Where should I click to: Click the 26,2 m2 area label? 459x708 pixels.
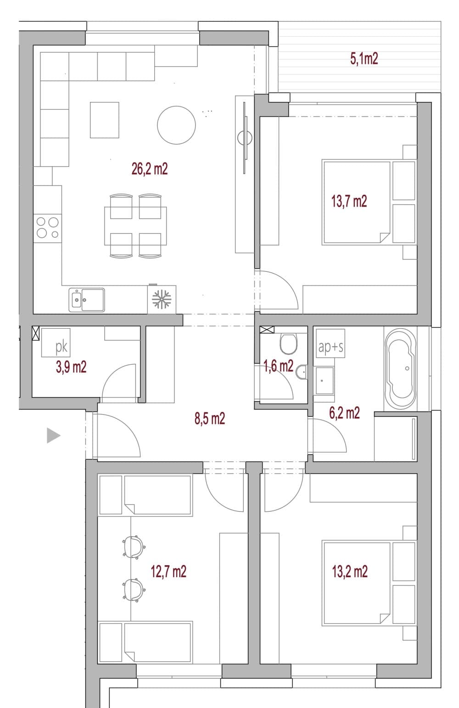click(x=150, y=169)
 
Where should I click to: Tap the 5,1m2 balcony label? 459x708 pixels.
click(x=364, y=59)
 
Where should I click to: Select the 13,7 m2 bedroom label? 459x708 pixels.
click(x=349, y=202)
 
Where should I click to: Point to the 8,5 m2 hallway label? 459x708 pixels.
click(x=210, y=418)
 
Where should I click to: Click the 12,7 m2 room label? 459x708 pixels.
click(x=168, y=572)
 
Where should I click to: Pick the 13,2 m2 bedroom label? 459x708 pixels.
click(x=350, y=572)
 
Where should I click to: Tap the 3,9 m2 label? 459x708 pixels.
click(x=71, y=367)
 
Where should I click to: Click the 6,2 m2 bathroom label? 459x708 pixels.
click(x=344, y=413)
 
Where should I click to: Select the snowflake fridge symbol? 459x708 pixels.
click(x=162, y=299)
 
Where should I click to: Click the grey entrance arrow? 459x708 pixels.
click(x=53, y=436)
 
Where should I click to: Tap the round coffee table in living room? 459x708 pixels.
click(x=176, y=125)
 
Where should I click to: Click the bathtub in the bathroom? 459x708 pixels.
click(x=401, y=369)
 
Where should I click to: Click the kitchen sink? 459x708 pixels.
click(x=87, y=300)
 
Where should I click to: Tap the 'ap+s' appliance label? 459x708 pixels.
click(x=330, y=347)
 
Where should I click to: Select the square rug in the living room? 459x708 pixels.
click(x=105, y=120)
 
